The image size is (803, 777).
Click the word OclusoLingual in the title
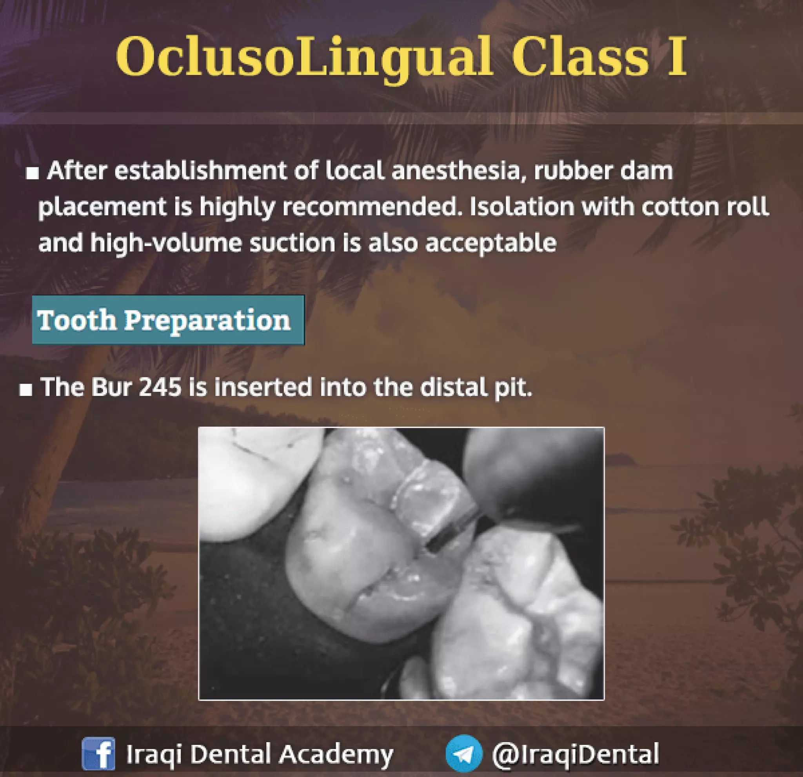point(303,57)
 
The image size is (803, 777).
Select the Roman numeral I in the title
point(676,57)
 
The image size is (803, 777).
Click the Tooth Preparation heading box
point(168,320)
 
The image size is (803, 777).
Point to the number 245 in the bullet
point(160,387)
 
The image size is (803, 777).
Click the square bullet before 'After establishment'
point(32,173)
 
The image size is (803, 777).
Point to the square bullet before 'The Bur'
point(26,390)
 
